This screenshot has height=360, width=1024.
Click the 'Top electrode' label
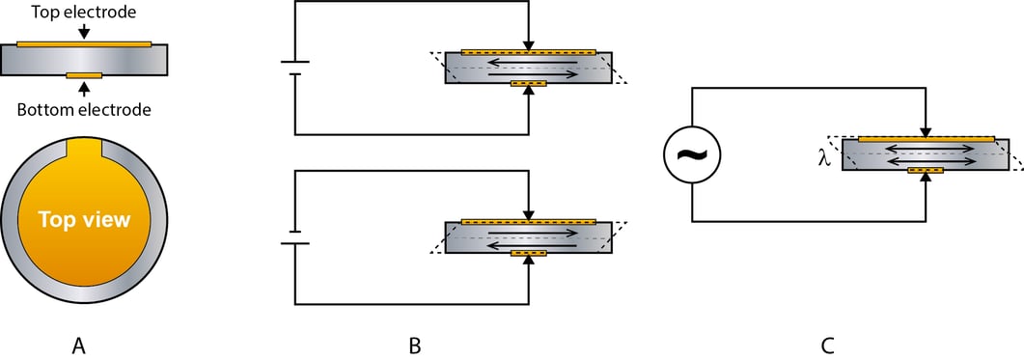84,12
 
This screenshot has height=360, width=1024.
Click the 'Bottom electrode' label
84,109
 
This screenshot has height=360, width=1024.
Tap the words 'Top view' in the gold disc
84,219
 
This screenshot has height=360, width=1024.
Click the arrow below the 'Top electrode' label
84,31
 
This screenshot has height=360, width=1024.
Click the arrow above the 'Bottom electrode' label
84,89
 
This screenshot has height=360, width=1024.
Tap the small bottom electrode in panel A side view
84,75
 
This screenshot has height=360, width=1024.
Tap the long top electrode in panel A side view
84,43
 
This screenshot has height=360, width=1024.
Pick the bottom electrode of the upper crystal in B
528,84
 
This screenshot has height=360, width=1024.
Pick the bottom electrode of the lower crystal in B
528,255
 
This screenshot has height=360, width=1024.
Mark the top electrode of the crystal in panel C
926,139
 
